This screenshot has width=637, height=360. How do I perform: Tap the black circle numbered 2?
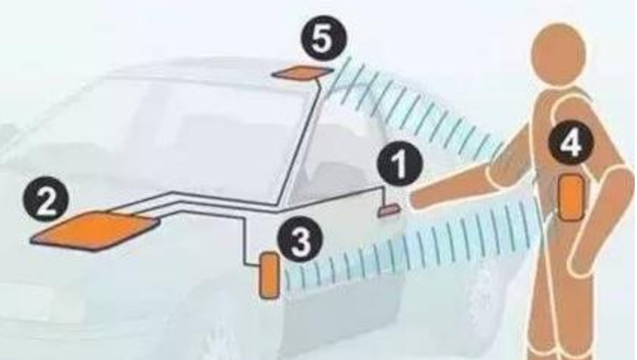click(46, 200)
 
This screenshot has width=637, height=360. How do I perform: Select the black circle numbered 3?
click(300, 240)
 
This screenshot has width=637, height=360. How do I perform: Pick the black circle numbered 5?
click(324, 39)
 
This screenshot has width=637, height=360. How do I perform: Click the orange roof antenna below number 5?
click(303, 72)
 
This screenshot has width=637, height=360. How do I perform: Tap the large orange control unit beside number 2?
click(94, 230)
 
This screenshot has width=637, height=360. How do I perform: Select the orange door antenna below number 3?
click(269, 275)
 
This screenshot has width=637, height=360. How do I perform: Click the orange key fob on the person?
click(571, 197)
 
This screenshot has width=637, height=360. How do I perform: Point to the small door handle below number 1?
click(389, 211)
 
